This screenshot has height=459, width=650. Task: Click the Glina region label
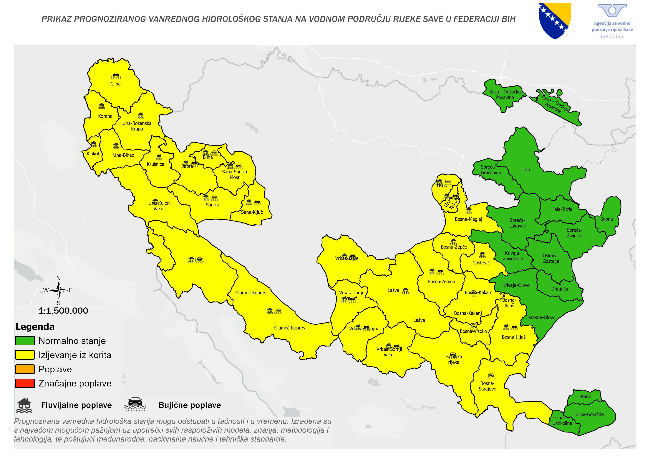point(115,84)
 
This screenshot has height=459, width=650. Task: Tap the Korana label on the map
point(105,116)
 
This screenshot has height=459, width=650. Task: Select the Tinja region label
point(525,170)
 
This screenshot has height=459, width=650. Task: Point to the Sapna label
point(606,219)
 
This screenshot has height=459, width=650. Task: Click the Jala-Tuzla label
point(562,210)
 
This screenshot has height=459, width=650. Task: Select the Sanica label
point(212,205)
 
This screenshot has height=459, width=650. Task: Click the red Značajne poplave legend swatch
point(25,383)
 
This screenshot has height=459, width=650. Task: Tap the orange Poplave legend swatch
point(25,369)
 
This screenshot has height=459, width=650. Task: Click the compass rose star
point(59,290)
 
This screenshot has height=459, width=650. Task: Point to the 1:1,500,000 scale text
point(63,311)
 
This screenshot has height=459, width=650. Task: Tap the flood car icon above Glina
point(116,76)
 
